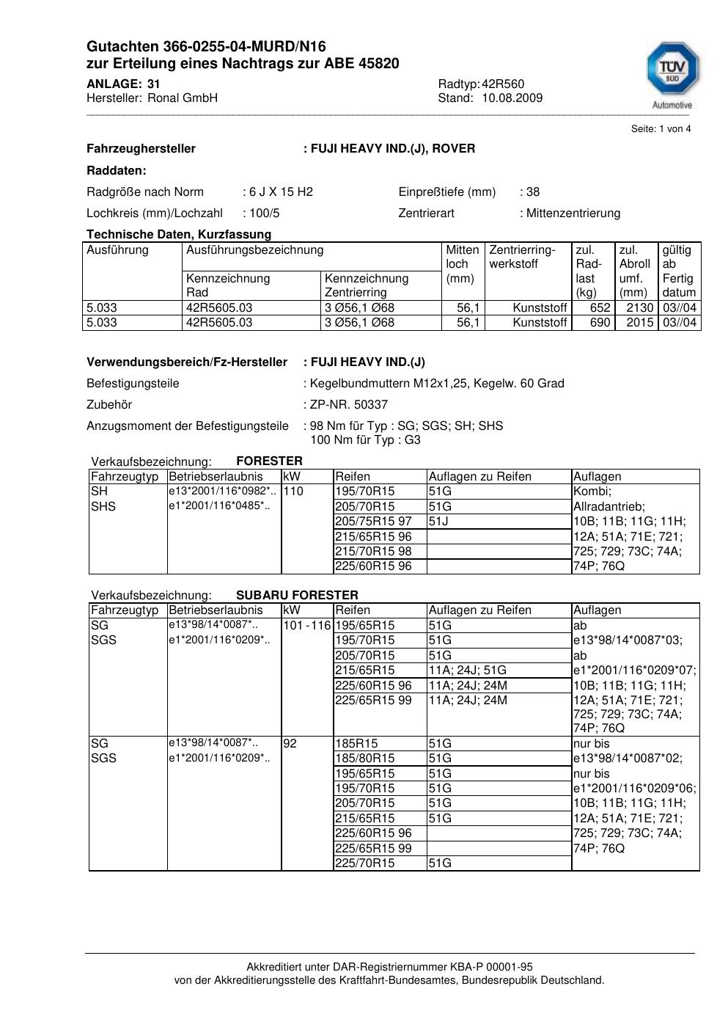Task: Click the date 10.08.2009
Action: [x=512, y=98]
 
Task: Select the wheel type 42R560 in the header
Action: [x=503, y=84]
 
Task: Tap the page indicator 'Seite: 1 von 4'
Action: [x=661, y=129]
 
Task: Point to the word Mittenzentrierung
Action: [x=573, y=213]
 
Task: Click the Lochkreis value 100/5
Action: [x=264, y=213]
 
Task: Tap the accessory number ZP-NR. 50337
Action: [x=349, y=404]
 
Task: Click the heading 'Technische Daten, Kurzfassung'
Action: [x=179, y=234]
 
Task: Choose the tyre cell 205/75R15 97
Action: [x=373, y=521]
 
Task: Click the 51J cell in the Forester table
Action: [x=438, y=521]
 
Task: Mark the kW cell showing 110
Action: [x=293, y=492]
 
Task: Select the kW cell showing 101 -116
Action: [x=307, y=626]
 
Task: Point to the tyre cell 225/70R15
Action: [x=364, y=863]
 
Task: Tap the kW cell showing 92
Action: [x=290, y=743]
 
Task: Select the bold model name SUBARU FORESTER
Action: [x=297, y=595]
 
